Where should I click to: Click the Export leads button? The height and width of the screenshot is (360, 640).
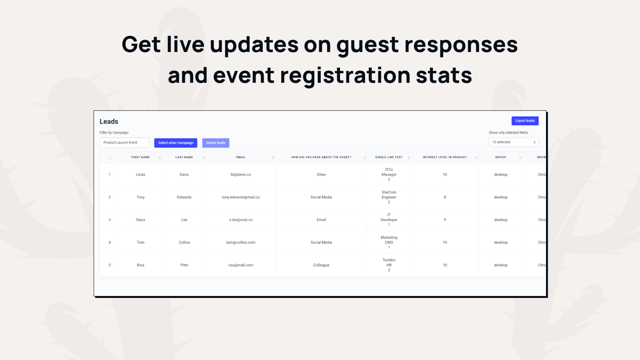(x=525, y=120)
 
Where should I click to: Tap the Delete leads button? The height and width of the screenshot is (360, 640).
(x=216, y=143)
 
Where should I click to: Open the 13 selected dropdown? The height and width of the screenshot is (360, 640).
(x=514, y=142)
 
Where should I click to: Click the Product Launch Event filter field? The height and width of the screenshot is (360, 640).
(x=124, y=142)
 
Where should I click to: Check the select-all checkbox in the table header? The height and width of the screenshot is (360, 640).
(x=110, y=157)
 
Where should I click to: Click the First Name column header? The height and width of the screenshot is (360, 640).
(x=140, y=157)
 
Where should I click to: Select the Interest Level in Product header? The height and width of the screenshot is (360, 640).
(x=444, y=157)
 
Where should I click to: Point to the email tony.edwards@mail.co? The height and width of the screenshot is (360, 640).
(x=240, y=197)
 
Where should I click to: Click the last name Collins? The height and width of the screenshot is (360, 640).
(x=184, y=242)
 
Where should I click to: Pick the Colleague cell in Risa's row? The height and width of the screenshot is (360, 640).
(x=321, y=265)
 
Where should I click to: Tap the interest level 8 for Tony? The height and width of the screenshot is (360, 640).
(x=445, y=197)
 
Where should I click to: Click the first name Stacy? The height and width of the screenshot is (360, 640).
(x=140, y=220)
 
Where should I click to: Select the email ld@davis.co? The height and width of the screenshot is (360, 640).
(x=240, y=174)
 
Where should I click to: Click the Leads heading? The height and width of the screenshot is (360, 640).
(x=109, y=122)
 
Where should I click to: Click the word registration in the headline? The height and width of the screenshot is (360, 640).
(x=345, y=76)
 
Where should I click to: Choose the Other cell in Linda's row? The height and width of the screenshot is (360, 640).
(x=321, y=174)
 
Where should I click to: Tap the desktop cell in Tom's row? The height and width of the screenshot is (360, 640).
(x=500, y=242)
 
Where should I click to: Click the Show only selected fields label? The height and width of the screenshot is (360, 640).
(x=508, y=132)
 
